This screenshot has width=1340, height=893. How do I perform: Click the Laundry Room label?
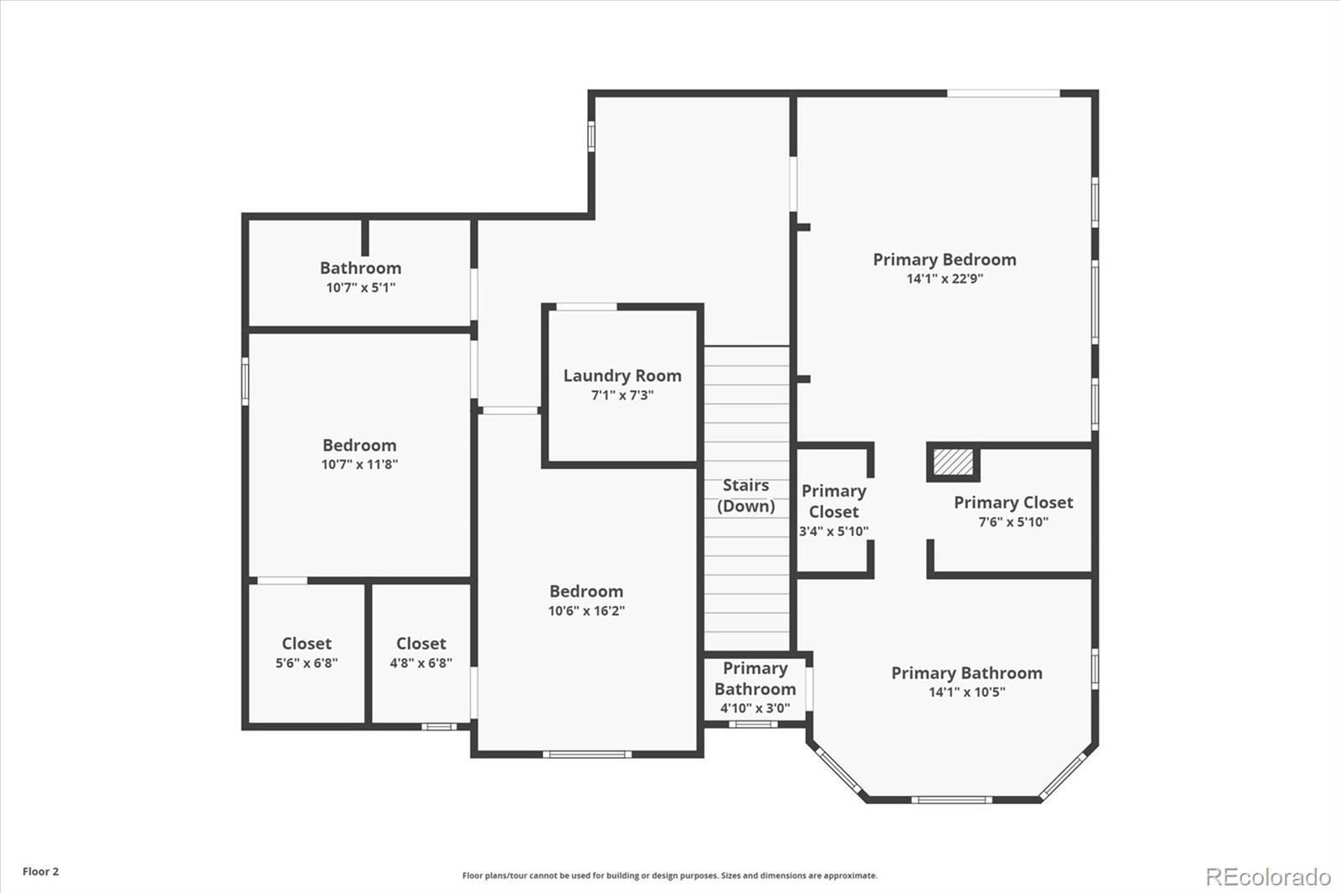[622, 376]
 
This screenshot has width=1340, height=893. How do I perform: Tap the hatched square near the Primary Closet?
[953, 462]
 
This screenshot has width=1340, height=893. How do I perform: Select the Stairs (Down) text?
[746, 496]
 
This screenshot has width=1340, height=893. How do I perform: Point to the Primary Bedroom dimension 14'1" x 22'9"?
[945, 278]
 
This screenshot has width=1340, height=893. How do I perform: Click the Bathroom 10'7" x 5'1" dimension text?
[361, 287]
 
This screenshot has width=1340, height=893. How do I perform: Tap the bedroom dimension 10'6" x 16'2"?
[586, 611]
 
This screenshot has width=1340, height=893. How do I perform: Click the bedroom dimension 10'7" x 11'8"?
[359, 464]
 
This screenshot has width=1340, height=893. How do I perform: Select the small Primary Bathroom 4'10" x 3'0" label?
[755, 688]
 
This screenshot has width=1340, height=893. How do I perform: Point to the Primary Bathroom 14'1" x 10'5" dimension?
[966, 692]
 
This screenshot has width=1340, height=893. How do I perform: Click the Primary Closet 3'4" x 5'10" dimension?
[834, 531]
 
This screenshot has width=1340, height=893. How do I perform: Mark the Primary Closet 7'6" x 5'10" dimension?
[1013, 522]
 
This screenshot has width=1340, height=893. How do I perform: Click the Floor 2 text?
[41, 871]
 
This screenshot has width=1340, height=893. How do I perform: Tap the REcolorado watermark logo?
[1268, 877]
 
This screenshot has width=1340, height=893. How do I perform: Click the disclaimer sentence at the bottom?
[670, 875]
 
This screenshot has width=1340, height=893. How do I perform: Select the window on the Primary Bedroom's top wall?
[1003, 93]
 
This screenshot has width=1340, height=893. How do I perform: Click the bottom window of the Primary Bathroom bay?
[951, 800]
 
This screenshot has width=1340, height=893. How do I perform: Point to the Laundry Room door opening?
[586, 307]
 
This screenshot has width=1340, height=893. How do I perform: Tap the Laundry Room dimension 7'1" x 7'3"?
[622, 395]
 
